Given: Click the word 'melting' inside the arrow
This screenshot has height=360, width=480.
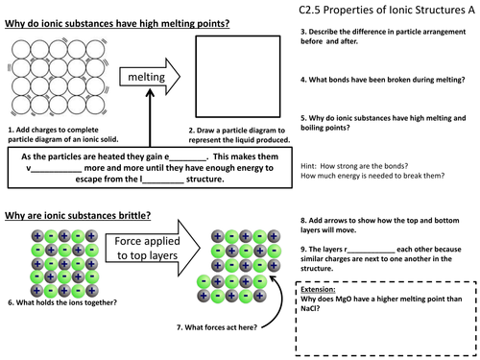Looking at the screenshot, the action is pyautogui.click(x=147, y=77).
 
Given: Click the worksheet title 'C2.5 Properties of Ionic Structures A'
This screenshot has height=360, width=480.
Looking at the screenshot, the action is pyautogui.click(x=387, y=10).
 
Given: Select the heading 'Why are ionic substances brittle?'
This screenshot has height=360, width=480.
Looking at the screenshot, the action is pyautogui.click(x=78, y=215).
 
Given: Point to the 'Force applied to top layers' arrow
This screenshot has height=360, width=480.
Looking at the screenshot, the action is pyautogui.click(x=153, y=248).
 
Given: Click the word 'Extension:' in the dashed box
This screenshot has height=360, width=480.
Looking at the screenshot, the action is pyautogui.click(x=318, y=289).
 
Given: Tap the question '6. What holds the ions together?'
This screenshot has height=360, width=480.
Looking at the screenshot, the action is pyautogui.click(x=62, y=302).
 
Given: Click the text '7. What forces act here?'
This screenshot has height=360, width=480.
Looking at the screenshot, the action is pyautogui.click(x=217, y=327).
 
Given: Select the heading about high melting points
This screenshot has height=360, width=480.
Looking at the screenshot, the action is pyautogui.click(x=117, y=23).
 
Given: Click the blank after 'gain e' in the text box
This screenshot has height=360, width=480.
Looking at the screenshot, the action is pyautogui.click(x=188, y=159).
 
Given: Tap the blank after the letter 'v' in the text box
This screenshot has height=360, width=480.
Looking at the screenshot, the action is pyautogui.click(x=57, y=171).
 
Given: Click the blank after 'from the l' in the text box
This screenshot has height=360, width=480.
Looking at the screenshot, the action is pyautogui.click(x=163, y=181).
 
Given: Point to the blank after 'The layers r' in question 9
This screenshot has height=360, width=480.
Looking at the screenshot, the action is pyautogui.click(x=372, y=252).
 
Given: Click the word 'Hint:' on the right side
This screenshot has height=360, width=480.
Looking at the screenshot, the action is pyautogui.click(x=308, y=166).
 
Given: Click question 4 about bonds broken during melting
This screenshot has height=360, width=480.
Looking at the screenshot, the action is pyautogui.click(x=383, y=80).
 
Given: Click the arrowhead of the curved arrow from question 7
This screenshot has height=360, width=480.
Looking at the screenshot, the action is pyautogui.click(x=273, y=278).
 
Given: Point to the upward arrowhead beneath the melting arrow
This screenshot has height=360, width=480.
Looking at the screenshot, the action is pyautogui.click(x=150, y=93).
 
